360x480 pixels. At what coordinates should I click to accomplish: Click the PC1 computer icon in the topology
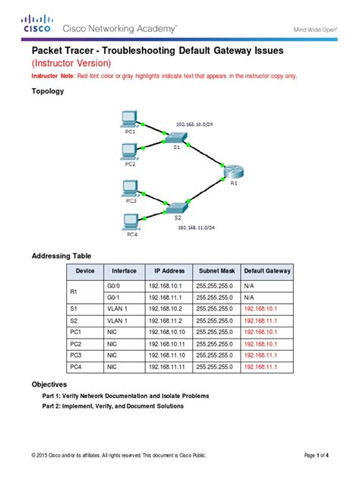[129, 118]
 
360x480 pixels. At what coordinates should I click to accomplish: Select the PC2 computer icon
[129, 150]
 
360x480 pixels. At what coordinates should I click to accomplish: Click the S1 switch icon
[177, 137]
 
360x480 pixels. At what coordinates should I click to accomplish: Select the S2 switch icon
[177, 207]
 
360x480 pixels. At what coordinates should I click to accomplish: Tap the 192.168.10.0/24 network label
[196, 122]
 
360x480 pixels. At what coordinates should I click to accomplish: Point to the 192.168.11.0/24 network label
[197, 226]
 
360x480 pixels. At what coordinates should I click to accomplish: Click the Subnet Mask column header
[216, 270]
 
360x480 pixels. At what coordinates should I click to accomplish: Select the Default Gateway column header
[267, 270]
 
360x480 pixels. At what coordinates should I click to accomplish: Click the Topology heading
[47, 91]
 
